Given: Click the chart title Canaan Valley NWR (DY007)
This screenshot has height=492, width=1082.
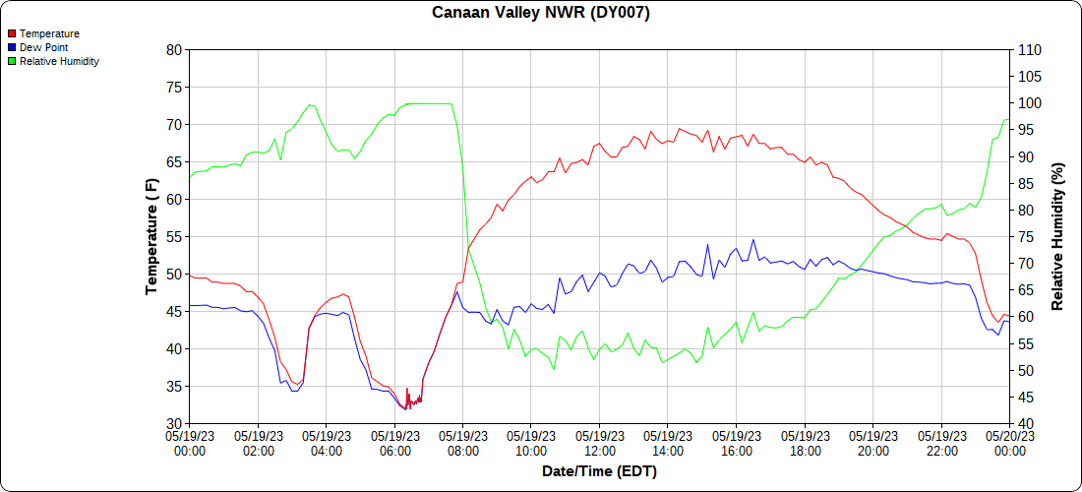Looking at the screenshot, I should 541,13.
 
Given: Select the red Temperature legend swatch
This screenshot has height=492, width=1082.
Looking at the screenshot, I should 12,33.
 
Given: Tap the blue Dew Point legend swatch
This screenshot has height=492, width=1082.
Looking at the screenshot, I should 12,47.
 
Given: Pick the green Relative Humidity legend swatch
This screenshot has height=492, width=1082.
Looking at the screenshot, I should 12,61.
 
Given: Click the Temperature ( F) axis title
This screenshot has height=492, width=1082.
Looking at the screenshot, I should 151,236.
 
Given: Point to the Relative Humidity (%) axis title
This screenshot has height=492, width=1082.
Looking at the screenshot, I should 1058,236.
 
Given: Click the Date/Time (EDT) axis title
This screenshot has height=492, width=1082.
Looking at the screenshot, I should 599,471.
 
